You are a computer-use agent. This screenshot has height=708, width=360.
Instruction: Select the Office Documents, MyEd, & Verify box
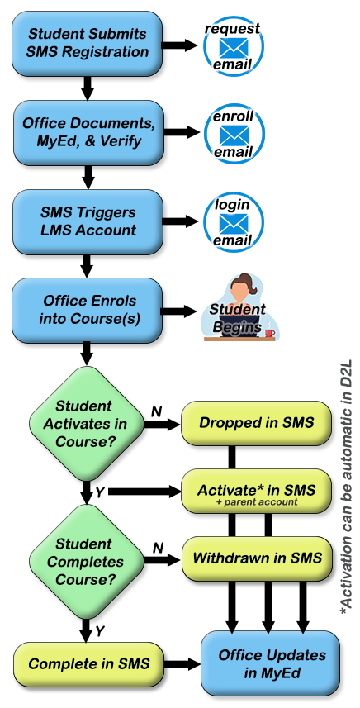(x=88, y=132)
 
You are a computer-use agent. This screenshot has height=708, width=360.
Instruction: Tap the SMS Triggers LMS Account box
(x=88, y=221)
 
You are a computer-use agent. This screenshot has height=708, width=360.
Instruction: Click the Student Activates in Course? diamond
(x=86, y=424)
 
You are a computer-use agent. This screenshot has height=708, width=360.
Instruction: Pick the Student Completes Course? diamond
(x=86, y=562)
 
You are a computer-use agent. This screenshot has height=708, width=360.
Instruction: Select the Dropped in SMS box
(x=256, y=423)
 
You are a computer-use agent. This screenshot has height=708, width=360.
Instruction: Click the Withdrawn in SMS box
(x=256, y=558)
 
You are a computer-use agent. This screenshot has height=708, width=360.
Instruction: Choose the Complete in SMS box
(x=88, y=664)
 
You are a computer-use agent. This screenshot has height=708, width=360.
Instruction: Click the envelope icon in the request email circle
(x=234, y=47)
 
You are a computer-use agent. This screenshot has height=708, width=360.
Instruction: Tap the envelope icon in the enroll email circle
(x=234, y=134)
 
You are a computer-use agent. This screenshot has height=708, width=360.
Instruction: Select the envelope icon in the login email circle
(x=234, y=222)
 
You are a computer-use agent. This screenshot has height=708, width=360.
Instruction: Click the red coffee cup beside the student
(x=270, y=333)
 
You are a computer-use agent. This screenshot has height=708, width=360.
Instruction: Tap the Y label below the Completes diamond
(x=100, y=631)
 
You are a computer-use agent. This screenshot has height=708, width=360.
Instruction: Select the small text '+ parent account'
(x=256, y=502)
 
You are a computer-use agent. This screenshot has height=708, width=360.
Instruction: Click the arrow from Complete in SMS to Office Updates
(x=182, y=664)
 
